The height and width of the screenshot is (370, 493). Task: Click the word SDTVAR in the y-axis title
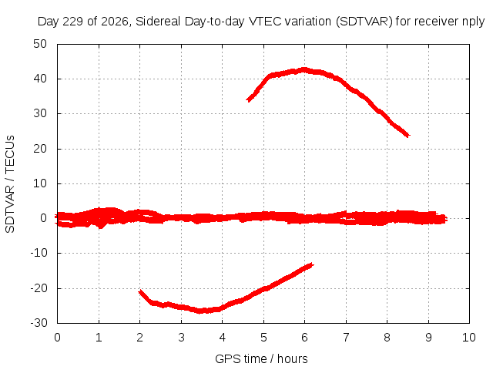[x=10, y=209]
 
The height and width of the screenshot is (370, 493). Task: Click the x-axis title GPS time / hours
[x=261, y=358]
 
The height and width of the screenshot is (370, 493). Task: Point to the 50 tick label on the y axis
[x=40, y=44]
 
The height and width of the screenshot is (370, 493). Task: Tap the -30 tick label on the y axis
[x=39, y=323]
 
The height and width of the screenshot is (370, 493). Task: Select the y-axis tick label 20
[x=40, y=149]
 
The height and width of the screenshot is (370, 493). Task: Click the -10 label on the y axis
[x=39, y=253]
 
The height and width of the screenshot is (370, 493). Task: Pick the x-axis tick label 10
[x=469, y=338]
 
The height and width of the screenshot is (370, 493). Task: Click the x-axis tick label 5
[x=263, y=338]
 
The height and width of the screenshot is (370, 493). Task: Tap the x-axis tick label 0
[x=57, y=338]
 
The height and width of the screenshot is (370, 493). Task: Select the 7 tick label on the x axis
[x=346, y=338]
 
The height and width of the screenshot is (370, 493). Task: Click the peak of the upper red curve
[x=304, y=69]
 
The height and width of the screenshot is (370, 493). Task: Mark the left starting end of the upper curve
[x=248, y=100]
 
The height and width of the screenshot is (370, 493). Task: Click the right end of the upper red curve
[x=408, y=136]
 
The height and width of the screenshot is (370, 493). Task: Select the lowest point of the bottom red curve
[x=200, y=311]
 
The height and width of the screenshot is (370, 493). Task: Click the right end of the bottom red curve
[x=312, y=265]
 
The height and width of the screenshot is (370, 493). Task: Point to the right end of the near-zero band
[x=446, y=219]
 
